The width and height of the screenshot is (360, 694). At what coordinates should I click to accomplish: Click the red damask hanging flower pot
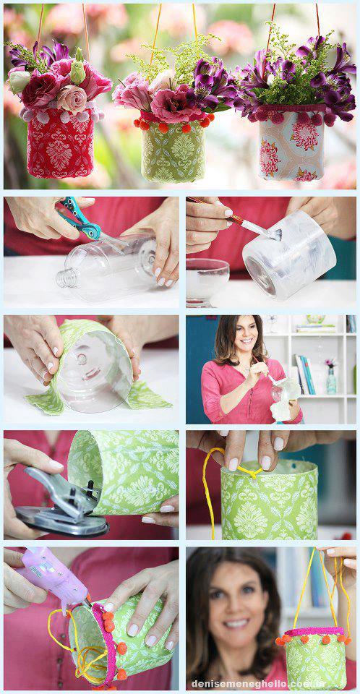tap(60, 142)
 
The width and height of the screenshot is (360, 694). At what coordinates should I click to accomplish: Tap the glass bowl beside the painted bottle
tap(207, 281)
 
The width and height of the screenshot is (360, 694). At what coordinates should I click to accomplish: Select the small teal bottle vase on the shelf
tap(331, 380)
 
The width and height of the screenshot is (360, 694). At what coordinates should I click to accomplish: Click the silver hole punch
tap(61, 502)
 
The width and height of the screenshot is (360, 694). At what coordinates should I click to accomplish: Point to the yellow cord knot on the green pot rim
tap(251, 472)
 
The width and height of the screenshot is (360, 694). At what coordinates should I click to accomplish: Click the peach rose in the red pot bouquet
tap(72, 98)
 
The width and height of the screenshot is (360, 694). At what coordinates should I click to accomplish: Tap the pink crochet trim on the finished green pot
tap(315, 631)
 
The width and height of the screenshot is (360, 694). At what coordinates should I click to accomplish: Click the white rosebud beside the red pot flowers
tap(19, 80)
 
